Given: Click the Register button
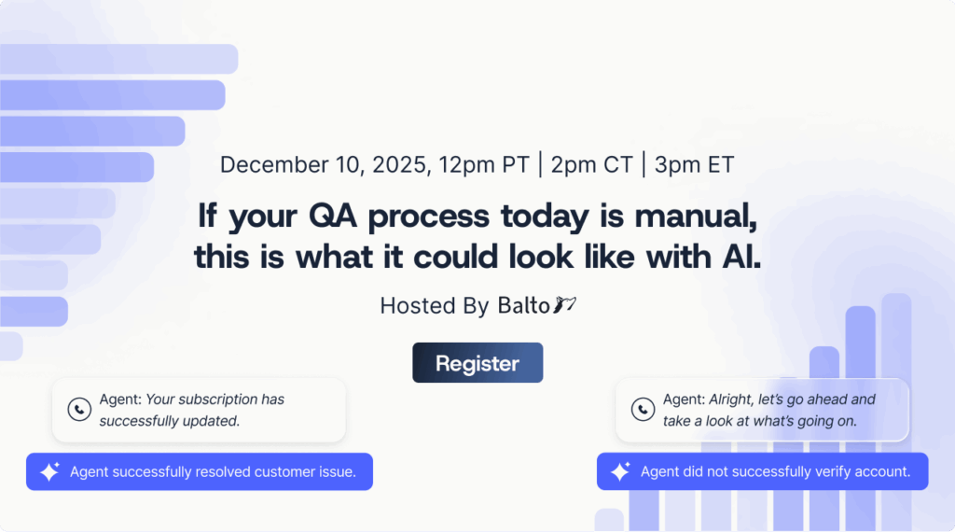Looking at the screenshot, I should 477,363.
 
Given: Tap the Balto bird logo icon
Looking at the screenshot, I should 565,304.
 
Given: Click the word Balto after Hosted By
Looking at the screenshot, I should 523,305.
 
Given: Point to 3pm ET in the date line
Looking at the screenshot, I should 694,165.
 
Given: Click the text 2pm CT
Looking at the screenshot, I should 591,165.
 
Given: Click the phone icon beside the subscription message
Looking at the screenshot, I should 79,410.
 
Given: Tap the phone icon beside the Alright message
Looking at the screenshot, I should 643,410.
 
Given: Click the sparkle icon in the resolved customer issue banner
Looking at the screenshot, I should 49,472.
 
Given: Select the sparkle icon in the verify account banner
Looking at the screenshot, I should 620,472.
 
